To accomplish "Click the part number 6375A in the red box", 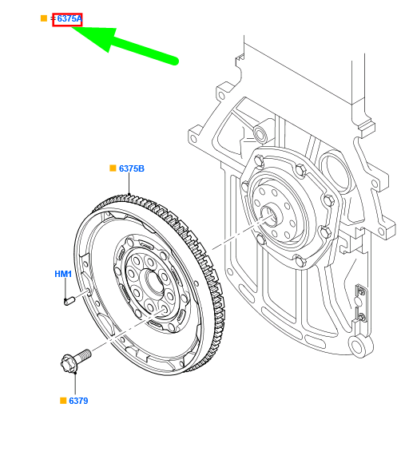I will click(x=69, y=18).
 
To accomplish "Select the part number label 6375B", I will click(x=131, y=168).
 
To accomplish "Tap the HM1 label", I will click(x=63, y=275).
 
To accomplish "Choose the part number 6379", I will click(x=77, y=400).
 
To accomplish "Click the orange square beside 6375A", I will click(x=44, y=18).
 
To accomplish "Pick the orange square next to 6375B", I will click(x=113, y=168).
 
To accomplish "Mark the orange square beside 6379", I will click(x=62, y=400).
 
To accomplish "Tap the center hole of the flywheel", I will click(x=152, y=284).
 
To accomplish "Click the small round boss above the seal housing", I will click(x=260, y=131).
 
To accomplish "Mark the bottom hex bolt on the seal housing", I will click(x=300, y=261).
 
